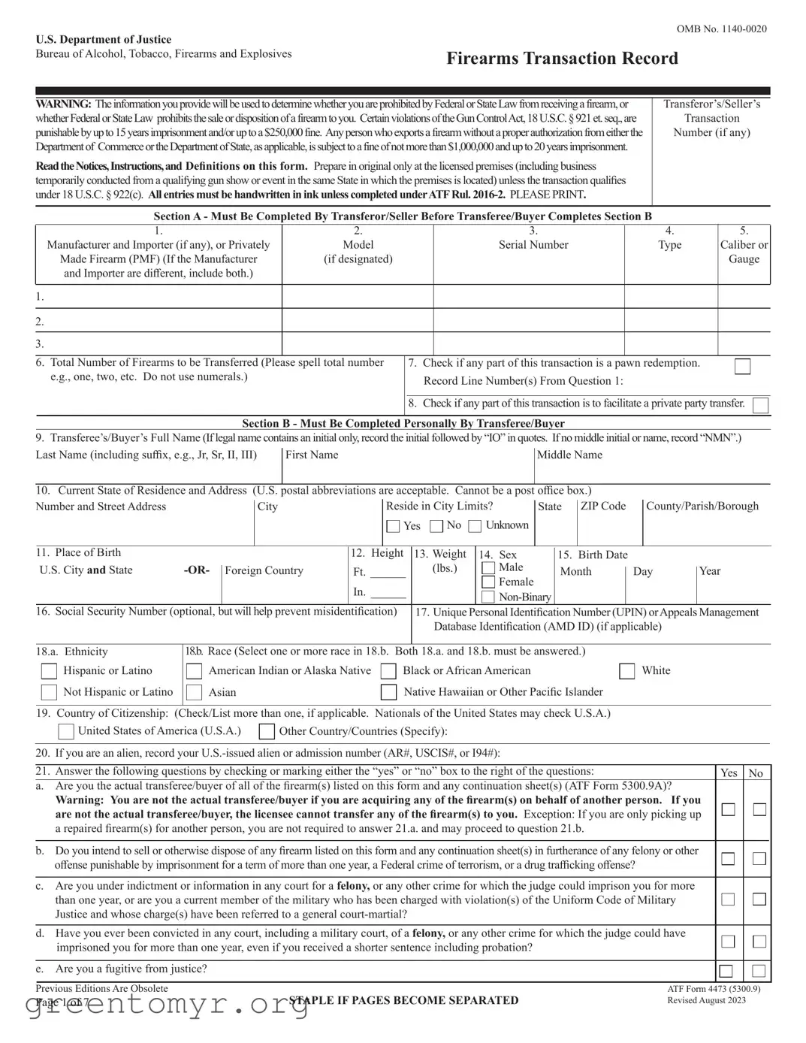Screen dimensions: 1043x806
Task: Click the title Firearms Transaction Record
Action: [562, 59]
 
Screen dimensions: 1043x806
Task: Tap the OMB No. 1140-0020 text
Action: [721, 29]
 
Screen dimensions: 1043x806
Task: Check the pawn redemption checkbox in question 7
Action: [742, 367]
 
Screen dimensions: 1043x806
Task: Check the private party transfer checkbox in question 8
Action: [760, 406]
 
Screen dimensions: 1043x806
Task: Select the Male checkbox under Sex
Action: [488, 568]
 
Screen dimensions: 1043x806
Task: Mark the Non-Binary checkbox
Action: [488, 597]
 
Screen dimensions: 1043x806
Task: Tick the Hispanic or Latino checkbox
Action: [49, 671]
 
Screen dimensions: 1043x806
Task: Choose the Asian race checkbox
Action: [194, 692]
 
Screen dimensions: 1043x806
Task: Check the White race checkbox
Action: [627, 671]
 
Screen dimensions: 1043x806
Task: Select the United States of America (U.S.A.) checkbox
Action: [66, 731]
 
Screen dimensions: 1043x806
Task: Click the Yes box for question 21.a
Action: [728, 809]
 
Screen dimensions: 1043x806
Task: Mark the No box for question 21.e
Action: [759, 971]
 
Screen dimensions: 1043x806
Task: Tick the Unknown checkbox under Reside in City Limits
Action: [475, 526]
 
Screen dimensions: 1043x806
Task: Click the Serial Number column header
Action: [533, 245]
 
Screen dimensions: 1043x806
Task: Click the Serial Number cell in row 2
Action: [528, 321]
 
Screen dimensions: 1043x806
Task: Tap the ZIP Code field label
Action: [603, 506]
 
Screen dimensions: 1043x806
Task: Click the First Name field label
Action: [312, 455]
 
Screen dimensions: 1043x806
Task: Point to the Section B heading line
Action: [403, 423]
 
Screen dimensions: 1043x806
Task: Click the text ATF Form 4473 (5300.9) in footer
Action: [713, 989]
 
